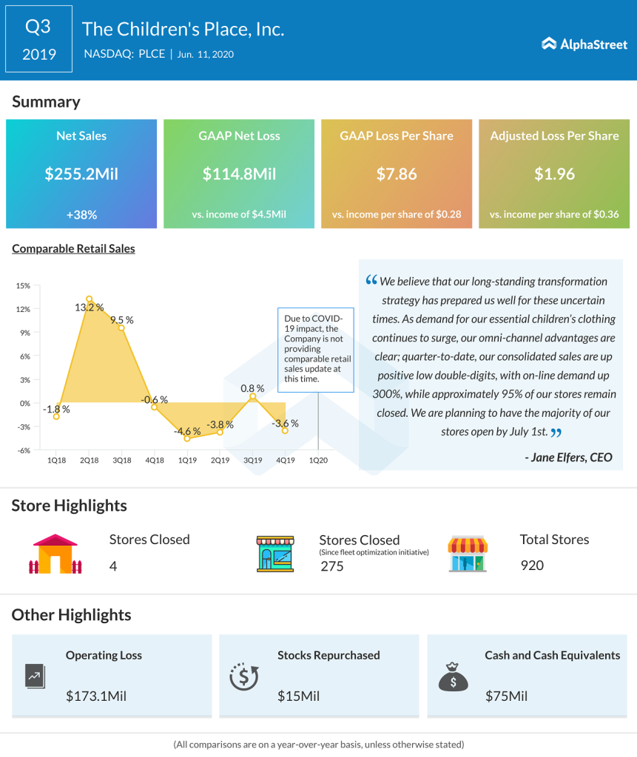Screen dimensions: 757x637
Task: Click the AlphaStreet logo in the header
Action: point(584,44)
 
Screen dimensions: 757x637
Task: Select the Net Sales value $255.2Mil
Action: point(81,174)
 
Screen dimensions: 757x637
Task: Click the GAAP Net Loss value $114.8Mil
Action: point(239,174)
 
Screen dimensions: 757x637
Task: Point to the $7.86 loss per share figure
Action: point(397,174)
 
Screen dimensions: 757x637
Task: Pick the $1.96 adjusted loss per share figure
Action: point(554,174)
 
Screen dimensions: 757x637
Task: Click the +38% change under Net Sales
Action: point(81,214)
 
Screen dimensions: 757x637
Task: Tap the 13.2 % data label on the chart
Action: point(89,308)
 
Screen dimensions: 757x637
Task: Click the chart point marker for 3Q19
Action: point(252,397)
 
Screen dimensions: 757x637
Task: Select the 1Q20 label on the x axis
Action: point(318,460)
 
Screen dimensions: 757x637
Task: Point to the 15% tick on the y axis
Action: point(22,285)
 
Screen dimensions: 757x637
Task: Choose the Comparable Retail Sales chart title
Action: point(73,249)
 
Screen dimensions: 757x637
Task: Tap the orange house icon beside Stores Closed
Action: point(55,554)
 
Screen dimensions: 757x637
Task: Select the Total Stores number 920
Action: point(532,566)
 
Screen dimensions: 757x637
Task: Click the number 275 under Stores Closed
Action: point(333,566)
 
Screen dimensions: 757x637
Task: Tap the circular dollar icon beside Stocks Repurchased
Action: point(243,675)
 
